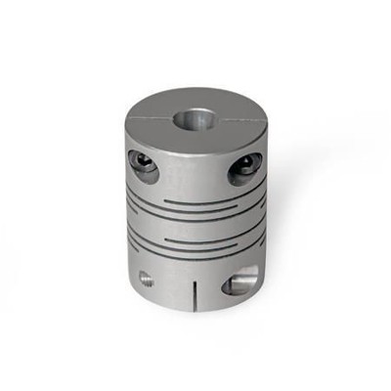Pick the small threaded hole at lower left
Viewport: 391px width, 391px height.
pos(146,279)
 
